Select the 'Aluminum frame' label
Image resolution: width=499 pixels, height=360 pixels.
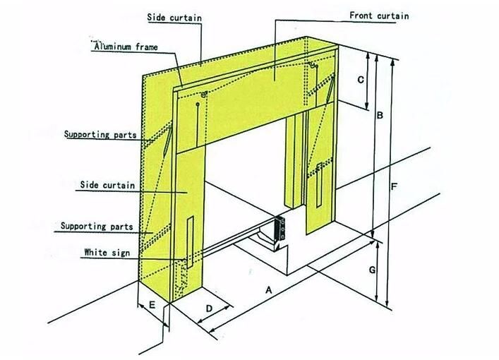[126, 47]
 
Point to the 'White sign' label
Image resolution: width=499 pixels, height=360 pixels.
[106, 252]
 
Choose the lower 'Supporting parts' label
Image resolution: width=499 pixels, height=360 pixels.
[96, 227]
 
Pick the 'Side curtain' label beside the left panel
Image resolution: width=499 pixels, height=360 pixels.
[107, 184]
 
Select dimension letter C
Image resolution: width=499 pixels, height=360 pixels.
[361, 80]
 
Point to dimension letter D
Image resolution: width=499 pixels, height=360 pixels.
[210, 308]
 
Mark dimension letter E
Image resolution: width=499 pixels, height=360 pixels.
[152, 306]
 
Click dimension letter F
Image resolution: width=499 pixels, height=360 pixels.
[395, 187]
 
